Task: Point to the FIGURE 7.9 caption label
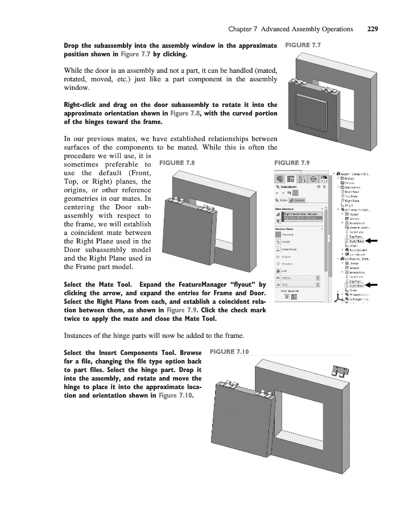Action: pyautogui.click(x=292, y=163)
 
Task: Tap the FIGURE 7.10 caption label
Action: pyautogui.click(x=230, y=352)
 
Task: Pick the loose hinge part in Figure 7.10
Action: pyautogui.click(x=340, y=371)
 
